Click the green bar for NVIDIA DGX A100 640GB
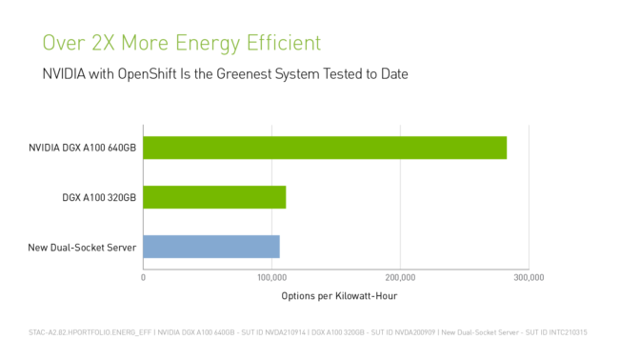point(324,148)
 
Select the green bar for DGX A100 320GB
point(214,197)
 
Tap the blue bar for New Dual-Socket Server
point(211,247)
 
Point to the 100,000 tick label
point(272,277)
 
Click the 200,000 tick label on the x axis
point(401,277)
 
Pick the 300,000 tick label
point(529,277)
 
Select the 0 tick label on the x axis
point(143,277)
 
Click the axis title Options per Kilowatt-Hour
point(339,296)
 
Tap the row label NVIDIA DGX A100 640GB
point(83,149)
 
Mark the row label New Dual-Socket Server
point(83,248)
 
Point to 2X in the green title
point(97,43)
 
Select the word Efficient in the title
point(281,43)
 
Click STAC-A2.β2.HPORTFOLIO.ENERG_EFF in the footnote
point(90,332)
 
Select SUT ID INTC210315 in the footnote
point(559,332)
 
